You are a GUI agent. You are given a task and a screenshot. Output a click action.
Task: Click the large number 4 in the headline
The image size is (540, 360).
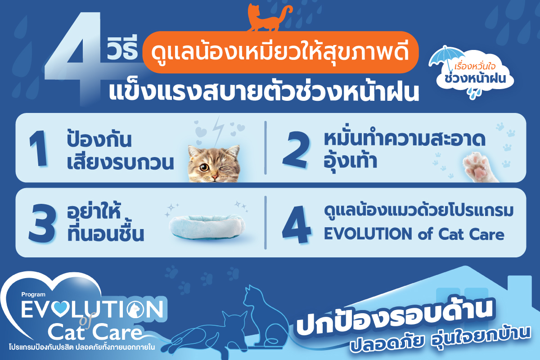[73, 58]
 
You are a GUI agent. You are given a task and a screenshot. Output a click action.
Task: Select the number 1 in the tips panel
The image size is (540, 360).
[38, 149]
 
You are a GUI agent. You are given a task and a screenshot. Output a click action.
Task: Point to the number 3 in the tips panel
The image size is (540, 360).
[42, 223]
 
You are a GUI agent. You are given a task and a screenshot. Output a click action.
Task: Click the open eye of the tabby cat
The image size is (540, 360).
[204, 167]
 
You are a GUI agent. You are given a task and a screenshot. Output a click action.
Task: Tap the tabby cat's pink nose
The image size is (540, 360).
[215, 178]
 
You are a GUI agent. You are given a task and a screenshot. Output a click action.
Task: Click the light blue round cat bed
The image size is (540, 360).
[207, 227]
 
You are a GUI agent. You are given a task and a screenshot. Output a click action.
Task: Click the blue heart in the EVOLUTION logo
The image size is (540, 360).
[60, 309]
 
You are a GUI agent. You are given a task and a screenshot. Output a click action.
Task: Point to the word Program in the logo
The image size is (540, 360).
[33, 294]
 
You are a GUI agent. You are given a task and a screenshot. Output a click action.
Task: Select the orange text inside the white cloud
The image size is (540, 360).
[475, 67]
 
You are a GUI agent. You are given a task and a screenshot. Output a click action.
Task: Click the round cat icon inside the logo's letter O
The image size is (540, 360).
[135, 309]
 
